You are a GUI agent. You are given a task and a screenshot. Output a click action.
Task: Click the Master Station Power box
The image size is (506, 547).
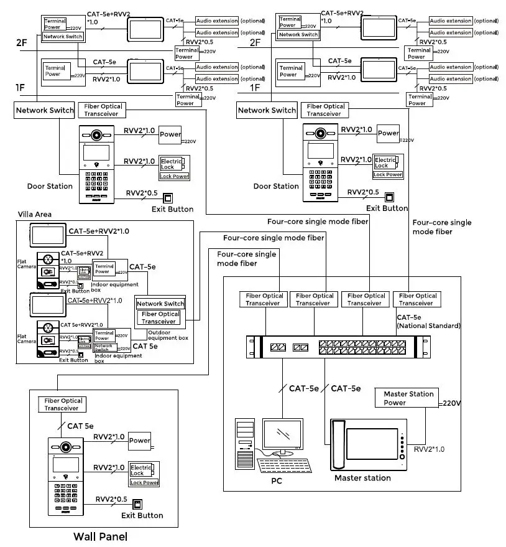point(408,398)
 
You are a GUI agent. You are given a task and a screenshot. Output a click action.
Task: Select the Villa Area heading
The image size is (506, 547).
point(35,214)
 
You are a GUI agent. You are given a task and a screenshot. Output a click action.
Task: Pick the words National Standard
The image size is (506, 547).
point(428,325)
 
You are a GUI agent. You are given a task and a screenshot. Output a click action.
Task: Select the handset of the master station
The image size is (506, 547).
point(338,444)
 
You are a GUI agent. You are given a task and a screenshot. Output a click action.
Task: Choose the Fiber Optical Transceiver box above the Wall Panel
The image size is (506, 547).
point(63,404)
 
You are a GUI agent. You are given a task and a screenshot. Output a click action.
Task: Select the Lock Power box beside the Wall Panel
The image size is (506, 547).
point(144,482)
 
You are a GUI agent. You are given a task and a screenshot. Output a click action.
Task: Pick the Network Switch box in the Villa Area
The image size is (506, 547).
point(160,304)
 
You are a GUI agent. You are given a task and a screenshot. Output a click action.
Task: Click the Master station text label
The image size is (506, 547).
point(362,478)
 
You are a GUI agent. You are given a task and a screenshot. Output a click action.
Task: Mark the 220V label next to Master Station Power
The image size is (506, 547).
point(451,403)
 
